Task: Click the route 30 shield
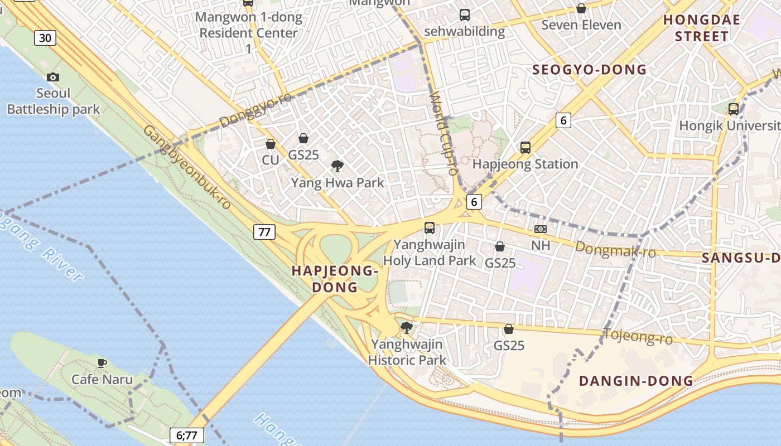(x=45, y=38)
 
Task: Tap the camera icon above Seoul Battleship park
(x=53, y=77)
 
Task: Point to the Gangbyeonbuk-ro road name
(x=187, y=167)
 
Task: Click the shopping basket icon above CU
(x=271, y=144)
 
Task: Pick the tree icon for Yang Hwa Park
(x=337, y=165)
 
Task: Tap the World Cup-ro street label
(x=443, y=134)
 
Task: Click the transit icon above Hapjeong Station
(x=525, y=147)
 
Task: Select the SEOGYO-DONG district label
(x=589, y=70)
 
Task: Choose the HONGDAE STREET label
(x=701, y=28)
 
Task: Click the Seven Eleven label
(x=581, y=25)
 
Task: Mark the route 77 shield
(x=264, y=231)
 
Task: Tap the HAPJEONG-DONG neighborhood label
(x=335, y=279)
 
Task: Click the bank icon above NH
(x=540, y=229)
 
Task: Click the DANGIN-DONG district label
(x=636, y=381)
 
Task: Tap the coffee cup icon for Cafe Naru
(x=102, y=363)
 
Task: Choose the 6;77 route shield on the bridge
(x=186, y=435)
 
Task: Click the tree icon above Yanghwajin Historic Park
(x=407, y=327)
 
